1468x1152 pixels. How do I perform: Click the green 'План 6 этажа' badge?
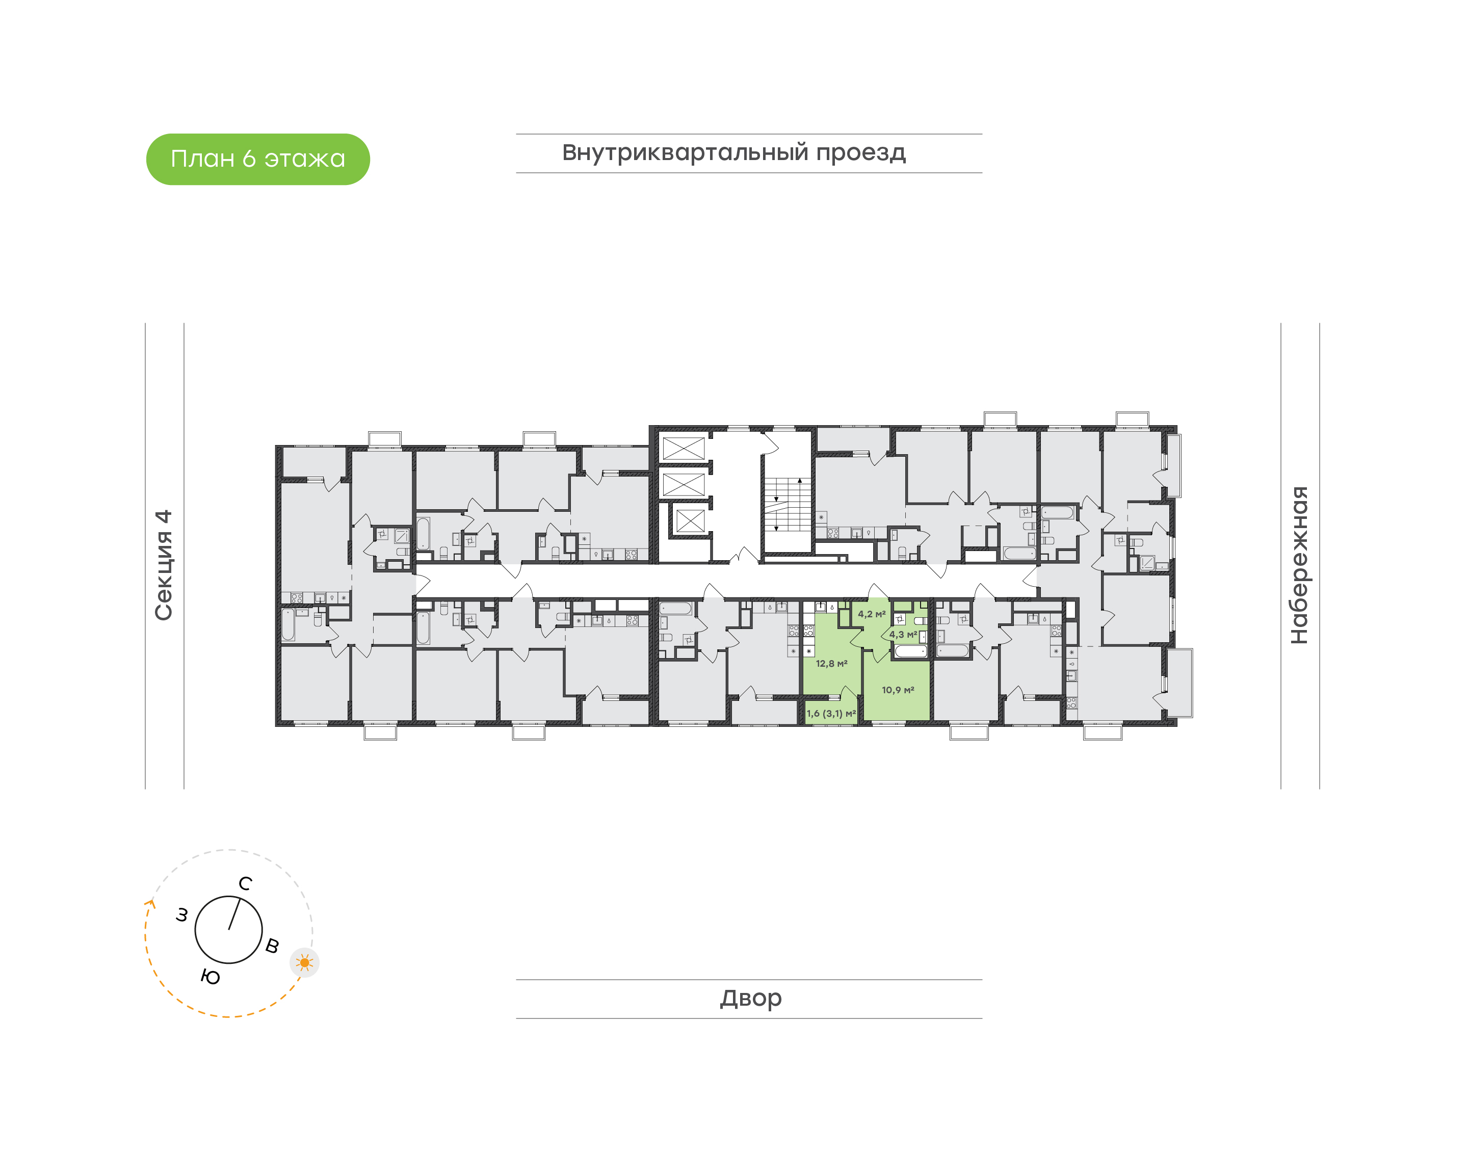tap(257, 159)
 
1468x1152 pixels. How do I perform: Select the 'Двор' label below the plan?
tap(750, 998)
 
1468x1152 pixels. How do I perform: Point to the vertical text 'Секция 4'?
tap(164, 565)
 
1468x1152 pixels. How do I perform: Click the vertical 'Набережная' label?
tap(1299, 565)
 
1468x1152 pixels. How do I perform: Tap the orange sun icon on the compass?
tap(305, 962)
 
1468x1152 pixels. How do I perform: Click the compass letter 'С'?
tap(246, 883)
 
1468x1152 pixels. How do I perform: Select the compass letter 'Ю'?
tap(211, 977)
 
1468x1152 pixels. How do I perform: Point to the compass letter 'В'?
tap(272, 946)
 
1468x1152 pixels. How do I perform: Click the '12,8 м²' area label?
tap(831, 664)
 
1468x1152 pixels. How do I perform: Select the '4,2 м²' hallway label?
tap(871, 614)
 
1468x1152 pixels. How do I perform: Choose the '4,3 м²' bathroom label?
tap(903, 635)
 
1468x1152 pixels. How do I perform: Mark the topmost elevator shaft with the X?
tap(683, 448)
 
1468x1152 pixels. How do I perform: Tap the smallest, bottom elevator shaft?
tap(690, 520)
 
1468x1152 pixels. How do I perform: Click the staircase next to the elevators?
tap(787, 504)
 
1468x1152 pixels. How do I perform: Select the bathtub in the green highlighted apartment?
tap(910, 651)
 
